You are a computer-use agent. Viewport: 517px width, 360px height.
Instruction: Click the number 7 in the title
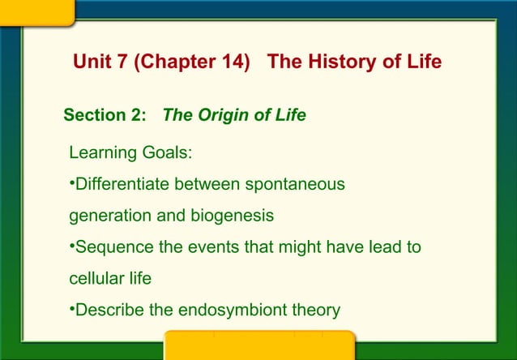pyautogui.click(x=119, y=62)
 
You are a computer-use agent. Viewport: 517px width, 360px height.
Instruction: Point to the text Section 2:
pyautogui.click(x=105, y=115)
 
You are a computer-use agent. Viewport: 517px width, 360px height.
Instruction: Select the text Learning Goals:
pyautogui.click(x=130, y=153)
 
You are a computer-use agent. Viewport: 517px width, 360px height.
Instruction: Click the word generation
pyautogui.click(x=109, y=216)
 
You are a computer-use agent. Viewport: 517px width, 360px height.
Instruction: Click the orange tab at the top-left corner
pyautogui.click(x=36, y=11)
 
